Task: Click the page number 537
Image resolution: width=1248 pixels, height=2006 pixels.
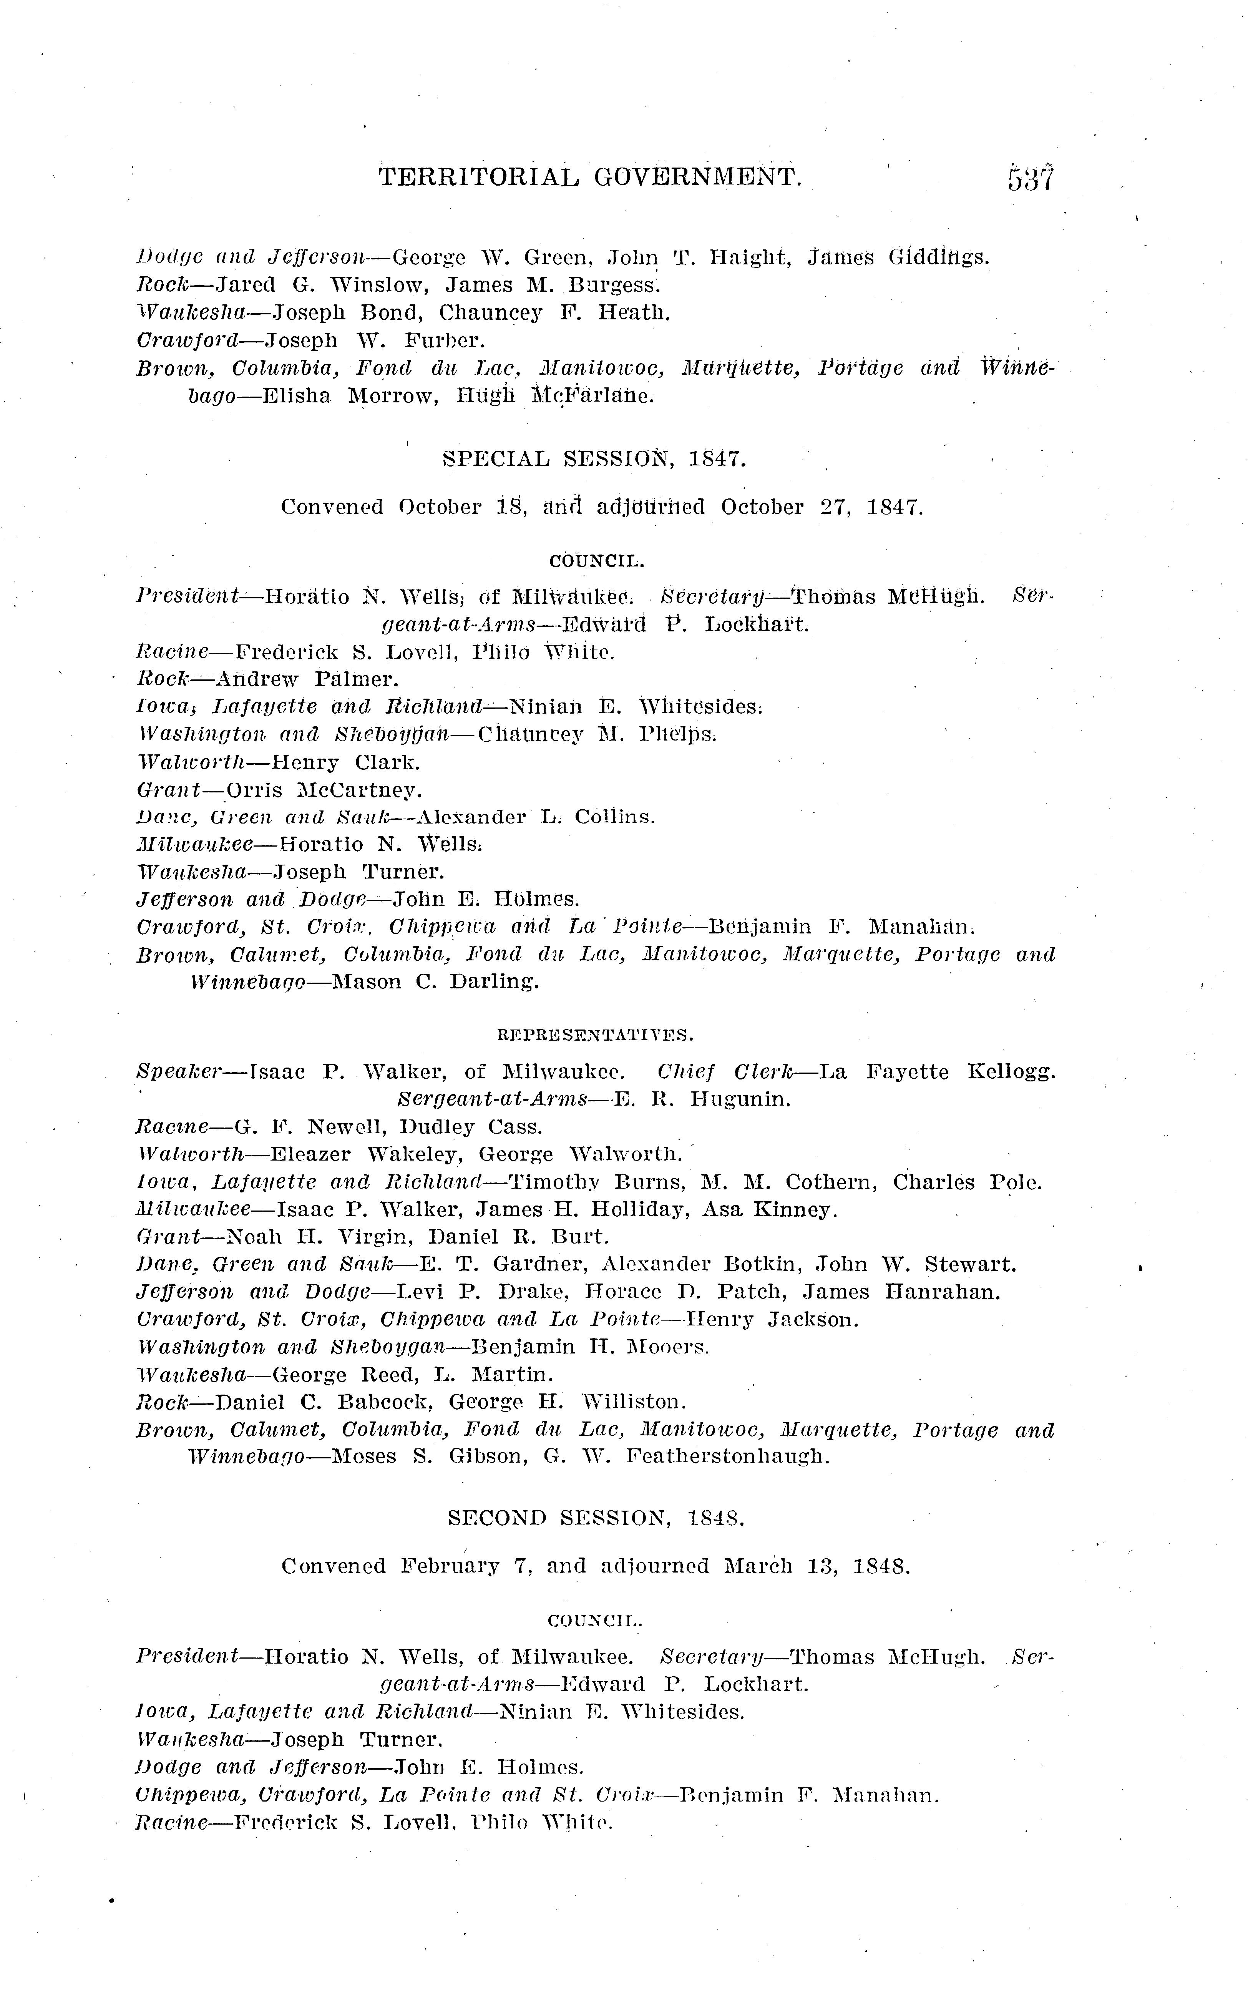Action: [1030, 178]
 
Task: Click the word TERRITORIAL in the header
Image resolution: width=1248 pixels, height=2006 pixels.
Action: [479, 176]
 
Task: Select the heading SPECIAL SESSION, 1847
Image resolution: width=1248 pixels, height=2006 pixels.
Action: [594, 459]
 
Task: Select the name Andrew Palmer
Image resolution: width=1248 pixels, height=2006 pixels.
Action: [307, 679]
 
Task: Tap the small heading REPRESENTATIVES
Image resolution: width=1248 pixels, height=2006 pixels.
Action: [595, 1035]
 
